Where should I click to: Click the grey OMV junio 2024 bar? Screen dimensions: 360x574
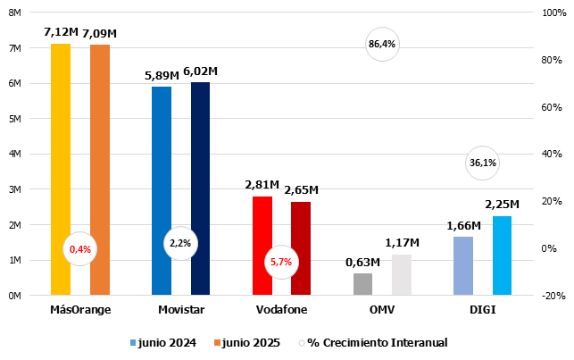(x=362, y=284)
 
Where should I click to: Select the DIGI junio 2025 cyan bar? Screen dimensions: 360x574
(x=502, y=255)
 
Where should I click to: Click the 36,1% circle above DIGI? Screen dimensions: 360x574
(x=482, y=163)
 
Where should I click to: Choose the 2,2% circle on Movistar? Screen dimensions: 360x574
(x=179, y=243)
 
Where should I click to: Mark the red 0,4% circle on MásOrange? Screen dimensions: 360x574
(x=79, y=249)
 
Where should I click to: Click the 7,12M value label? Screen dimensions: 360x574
(x=60, y=33)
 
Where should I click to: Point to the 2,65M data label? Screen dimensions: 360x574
(x=301, y=190)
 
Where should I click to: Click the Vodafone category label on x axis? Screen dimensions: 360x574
(x=280, y=310)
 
